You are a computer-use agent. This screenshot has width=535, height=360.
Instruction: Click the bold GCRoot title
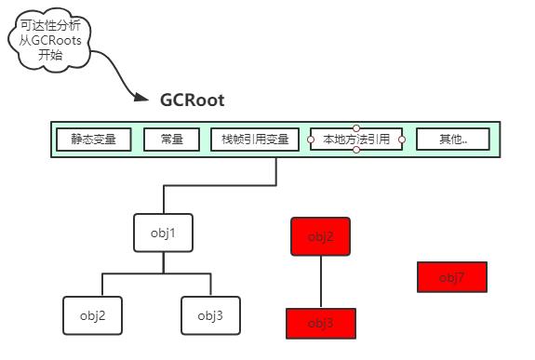pyautogui.click(x=193, y=100)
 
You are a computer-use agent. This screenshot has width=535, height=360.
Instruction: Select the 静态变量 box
pyautogui.click(x=93, y=140)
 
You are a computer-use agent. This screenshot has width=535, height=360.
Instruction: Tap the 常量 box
pyautogui.click(x=171, y=140)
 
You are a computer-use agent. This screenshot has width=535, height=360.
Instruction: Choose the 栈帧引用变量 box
pyautogui.click(x=256, y=140)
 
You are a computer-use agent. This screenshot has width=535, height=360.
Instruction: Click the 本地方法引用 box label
pyautogui.click(x=356, y=140)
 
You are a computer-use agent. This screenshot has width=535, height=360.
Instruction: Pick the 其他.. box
pyautogui.click(x=453, y=140)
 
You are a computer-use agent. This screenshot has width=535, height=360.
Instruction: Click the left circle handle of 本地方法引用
pyautogui.click(x=311, y=140)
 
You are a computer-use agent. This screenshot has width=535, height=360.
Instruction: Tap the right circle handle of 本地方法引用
pyautogui.click(x=402, y=140)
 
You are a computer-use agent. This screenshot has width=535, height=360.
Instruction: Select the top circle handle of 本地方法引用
pyautogui.click(x=356, y=128)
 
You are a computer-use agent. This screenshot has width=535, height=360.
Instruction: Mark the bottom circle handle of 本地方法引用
pyautogui.click(x=356, y=152)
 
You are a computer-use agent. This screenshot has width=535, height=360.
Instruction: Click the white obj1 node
pyautogui.click(x=163, y=233)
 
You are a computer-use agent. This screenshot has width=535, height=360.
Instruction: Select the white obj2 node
pyautogui.click(x=91, y=315)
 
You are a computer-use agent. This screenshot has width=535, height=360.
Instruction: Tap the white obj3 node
pyautogui.click(x=210, y=315)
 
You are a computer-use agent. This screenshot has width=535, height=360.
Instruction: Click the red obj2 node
pyautogui.click(x=321, y=236)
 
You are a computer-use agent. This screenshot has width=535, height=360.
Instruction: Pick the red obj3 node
pyautogui.click(x=321, y=323)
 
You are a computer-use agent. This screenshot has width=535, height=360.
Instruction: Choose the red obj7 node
pyautogui.click(x=452, y=277)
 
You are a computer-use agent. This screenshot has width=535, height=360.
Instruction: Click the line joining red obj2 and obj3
pyautogui.click(x=321, y=281)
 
